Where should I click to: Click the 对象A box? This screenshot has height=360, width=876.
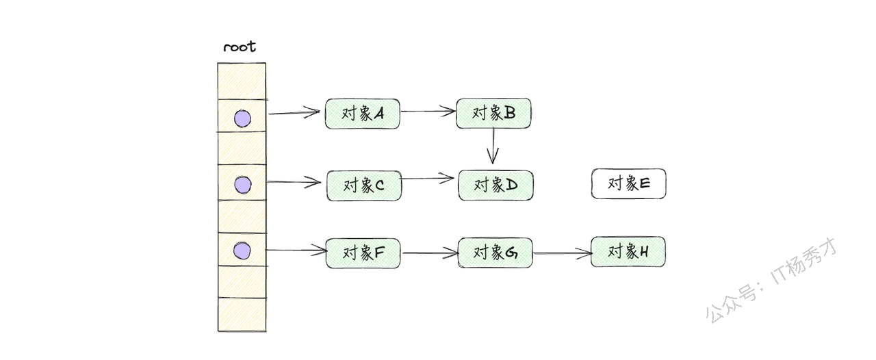[x=362, y=114]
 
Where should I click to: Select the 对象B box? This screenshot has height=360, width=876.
[x=493, y=113]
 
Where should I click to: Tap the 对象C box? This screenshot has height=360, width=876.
[x=364, y=185]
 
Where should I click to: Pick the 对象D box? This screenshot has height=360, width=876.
[x=495, y=185]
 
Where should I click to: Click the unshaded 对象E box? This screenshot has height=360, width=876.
[x=628, y=184]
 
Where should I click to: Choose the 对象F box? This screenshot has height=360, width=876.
[x=363, y=253]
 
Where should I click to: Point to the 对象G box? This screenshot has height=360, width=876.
[x=495, y=253]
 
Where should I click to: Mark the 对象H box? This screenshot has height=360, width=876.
[x=628, y=252]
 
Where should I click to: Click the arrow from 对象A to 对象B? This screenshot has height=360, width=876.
[x=428, y=111]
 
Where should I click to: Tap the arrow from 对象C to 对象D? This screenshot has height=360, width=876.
[x=428, y=179]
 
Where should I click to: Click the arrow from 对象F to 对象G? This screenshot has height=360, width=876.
[x=429, y=254]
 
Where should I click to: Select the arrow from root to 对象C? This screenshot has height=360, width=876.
[x=294, y=182]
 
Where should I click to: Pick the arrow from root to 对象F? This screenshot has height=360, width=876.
[x=296, y=250]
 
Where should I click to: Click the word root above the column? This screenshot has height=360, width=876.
[x=240, y=47]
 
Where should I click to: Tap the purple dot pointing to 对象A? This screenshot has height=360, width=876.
[x=242, y=119]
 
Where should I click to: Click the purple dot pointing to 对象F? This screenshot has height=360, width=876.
[x=242, y=251]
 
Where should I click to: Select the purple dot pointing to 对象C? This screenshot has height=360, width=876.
[x=242, y=185]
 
